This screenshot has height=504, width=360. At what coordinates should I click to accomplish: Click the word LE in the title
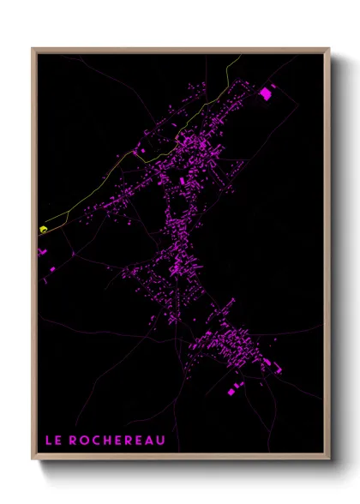pyautogui.click(x=51, y=441)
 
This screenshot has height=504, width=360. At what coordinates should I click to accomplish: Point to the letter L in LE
pyautogui.click(x=47, y=441)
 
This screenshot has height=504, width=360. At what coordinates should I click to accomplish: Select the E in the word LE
pyautogui.click(x=57, y=441)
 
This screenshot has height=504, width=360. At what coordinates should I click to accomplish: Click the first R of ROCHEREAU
pyautogui.click(x=71, y=441)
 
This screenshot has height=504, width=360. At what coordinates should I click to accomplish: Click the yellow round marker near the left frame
pyautogui.click(x=43, y=229)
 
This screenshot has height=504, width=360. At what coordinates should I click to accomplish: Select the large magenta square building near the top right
pyautogui.click(x=265, y=93)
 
